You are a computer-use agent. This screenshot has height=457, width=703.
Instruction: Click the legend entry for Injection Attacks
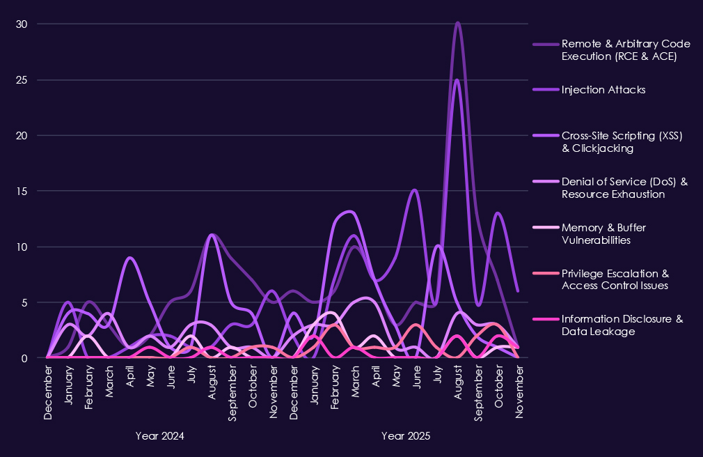pos(603,90)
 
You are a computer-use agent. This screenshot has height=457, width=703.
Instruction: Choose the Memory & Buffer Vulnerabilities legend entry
pos(606,233)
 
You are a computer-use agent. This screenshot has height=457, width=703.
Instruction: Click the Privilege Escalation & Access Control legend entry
pos(615,279)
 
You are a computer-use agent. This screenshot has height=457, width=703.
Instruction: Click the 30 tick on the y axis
pos(22,24)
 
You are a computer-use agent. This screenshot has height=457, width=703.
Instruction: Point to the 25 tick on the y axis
pos(22,80)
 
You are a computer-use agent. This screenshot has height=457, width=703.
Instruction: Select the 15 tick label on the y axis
pos(22,191)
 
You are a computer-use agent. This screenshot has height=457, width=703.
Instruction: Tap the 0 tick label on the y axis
pos(24,358)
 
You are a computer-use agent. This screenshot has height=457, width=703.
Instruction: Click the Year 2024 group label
pos(160,437)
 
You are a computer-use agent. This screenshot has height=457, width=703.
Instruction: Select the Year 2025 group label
pos(406,437)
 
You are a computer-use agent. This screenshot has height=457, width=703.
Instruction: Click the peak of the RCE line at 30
pos(457,23)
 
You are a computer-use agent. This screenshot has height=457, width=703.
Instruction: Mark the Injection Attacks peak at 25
pos(457,80)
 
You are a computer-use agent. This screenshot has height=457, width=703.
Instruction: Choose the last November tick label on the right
pos(519,394)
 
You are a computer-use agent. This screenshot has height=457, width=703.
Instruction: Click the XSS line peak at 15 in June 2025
pos(415,190)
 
